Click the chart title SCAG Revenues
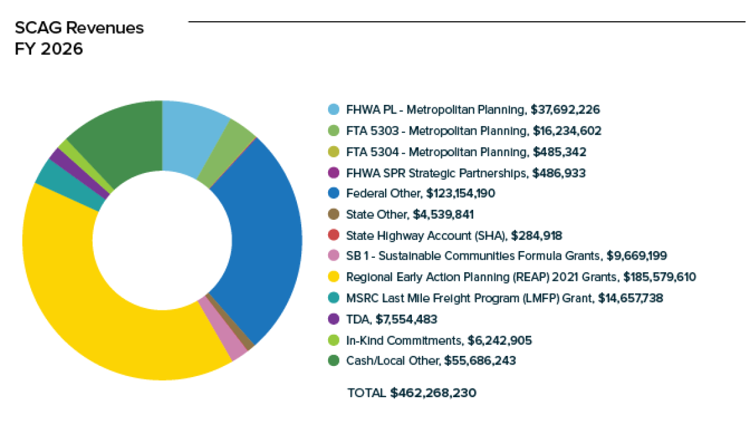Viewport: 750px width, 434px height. pyautogui.click(x=79, y=28)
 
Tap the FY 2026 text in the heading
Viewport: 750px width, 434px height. pyautogui.click(x=49, y=49)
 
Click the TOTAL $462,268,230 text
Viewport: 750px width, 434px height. pyautogui.click(x=411, y=393)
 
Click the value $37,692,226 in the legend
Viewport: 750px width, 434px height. pyautogui.click(x=565, y=110)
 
